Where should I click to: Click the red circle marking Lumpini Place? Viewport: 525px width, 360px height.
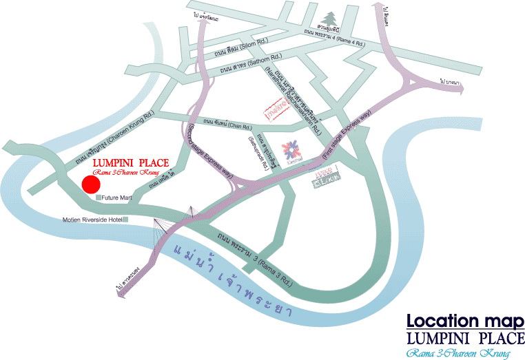coord(89,184)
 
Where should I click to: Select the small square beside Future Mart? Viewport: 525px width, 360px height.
coord(99,198)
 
